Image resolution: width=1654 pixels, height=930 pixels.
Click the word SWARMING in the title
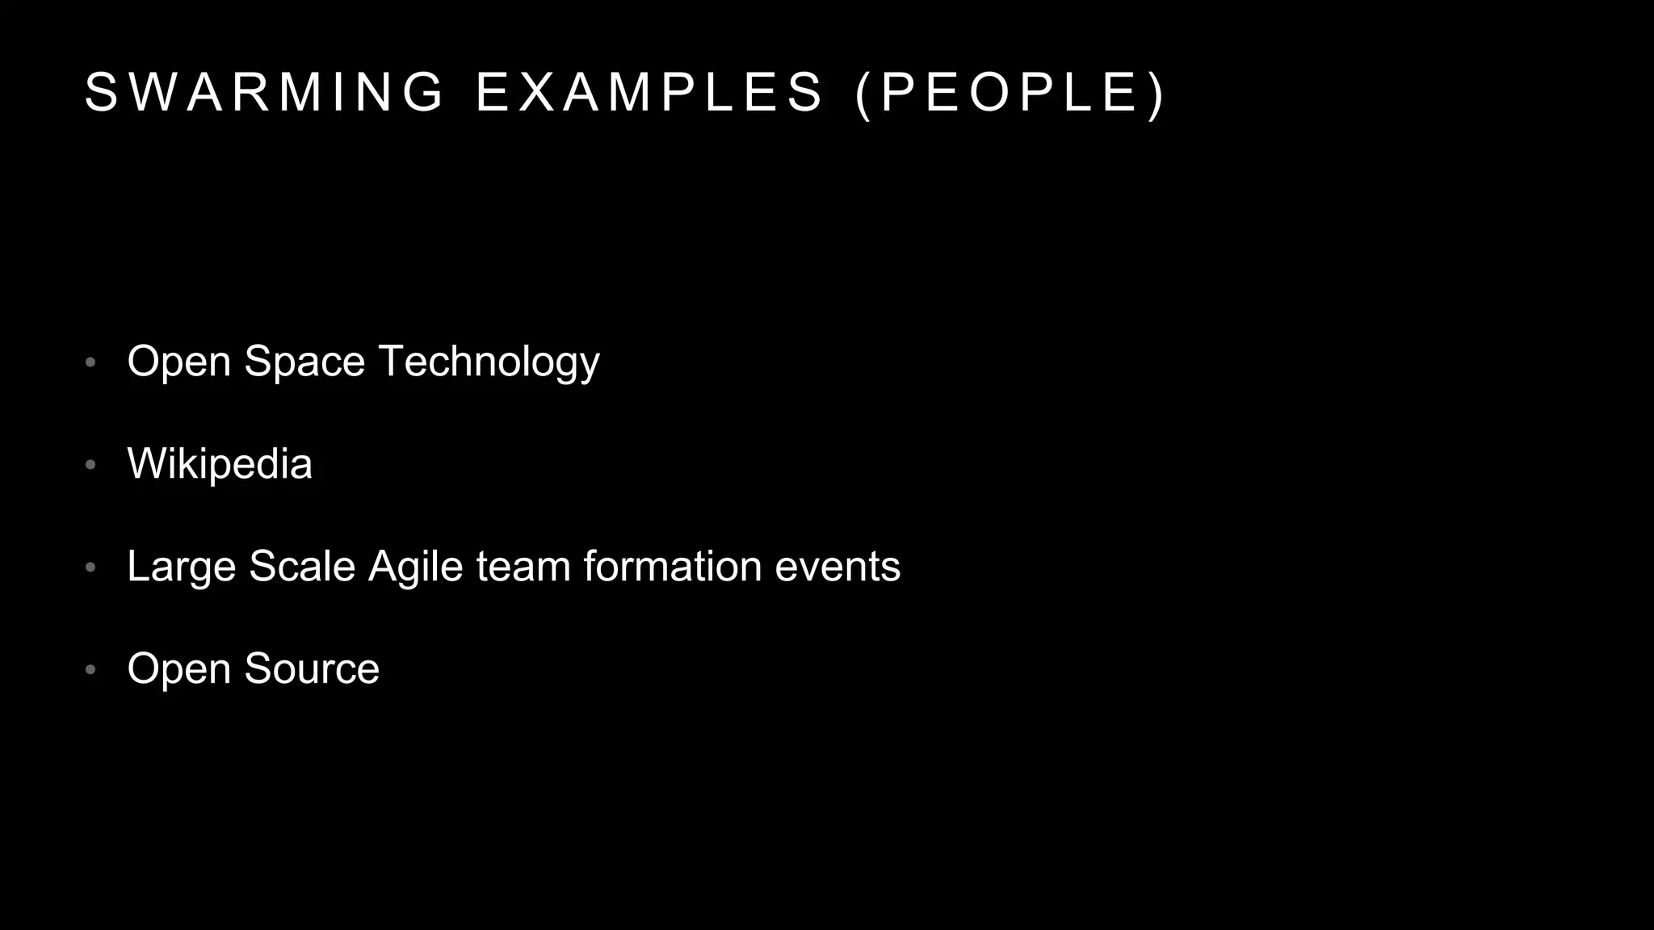pyautogui.click(x=265, y=92)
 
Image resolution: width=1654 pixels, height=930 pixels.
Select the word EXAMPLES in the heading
pyautogui.click(x=649, y=92)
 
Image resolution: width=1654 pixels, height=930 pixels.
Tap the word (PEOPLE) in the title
pyautogui.click(x=1010, y=92)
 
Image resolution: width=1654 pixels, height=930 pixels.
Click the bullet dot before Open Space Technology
pyautogui.click(x=90, y=362)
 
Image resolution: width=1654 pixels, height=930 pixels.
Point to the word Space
pyautogui.click(x=304, y=361)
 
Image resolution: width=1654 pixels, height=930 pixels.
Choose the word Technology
pyautogui.click(x=489, y=361)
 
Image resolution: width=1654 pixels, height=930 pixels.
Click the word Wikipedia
pyautogui.click(x=220, y=463)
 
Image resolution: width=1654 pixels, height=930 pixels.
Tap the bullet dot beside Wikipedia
pyautogui.click(x=90, y=465)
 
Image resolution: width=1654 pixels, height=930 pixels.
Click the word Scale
pyautogui.click(x=302, y=566)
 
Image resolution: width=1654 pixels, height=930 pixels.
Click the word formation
pyautogui.click(x=673, y=566)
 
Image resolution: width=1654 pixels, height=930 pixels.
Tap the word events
pyautogui.click(x=837, y=566)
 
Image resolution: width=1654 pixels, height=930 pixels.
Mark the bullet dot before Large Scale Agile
pyautogui.click(x=90, y=568)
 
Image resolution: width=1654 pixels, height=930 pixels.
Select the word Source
pyautogui.click(x=312, y=668)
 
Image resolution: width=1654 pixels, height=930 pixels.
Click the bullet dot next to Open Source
pyautogui.click(x=90, y=670)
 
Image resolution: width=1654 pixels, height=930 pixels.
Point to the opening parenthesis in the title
pyautogui.click(x=863, y=94)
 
